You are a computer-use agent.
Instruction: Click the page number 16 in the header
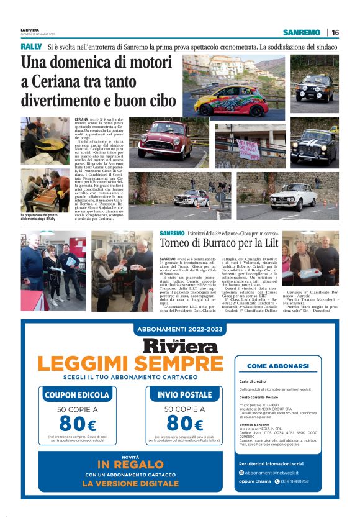335,32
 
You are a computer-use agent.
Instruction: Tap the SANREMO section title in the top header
301,32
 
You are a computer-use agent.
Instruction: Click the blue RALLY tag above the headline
31,47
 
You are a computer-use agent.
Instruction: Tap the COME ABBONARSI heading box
278,366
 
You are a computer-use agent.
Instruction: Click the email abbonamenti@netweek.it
277,472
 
